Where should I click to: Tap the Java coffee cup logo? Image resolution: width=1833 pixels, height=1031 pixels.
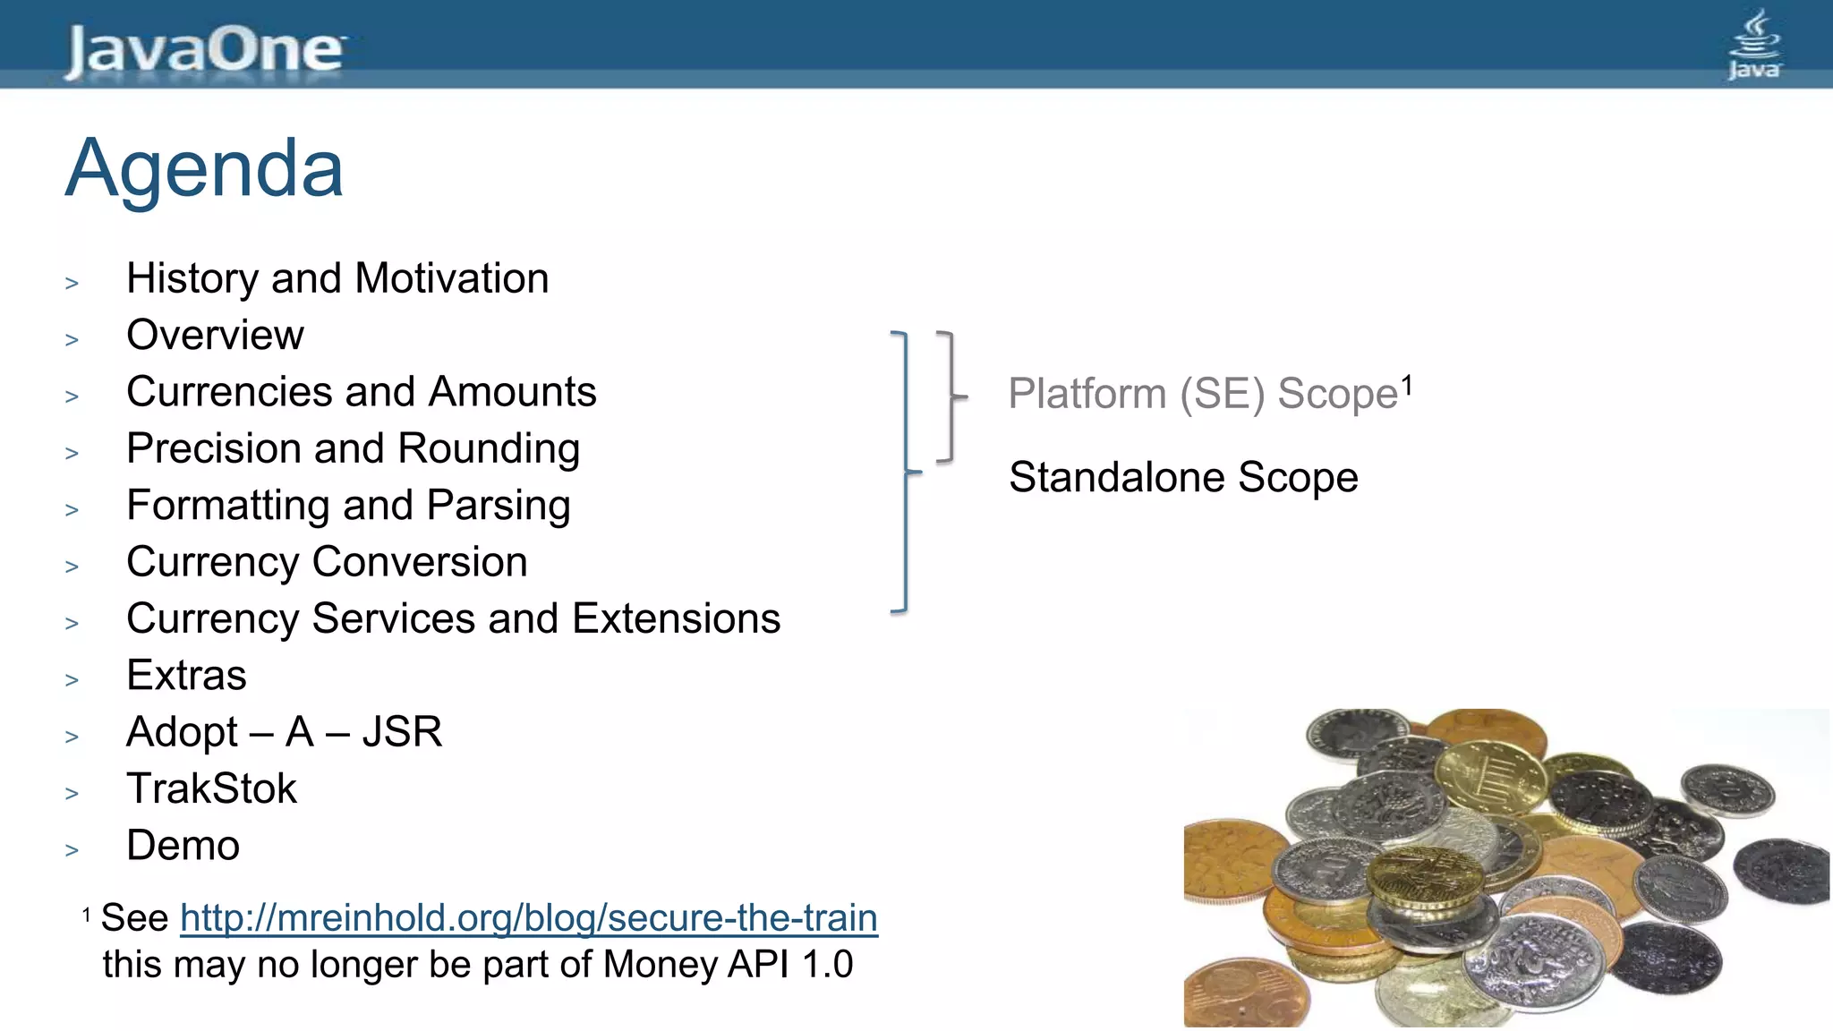point(1753,45)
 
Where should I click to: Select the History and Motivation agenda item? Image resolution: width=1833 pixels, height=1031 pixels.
point(337,278)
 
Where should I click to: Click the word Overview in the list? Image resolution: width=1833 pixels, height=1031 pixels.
point(215,336)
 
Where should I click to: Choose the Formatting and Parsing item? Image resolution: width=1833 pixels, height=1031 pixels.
point(348,506)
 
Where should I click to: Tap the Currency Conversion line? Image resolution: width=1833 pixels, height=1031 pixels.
point(327,562)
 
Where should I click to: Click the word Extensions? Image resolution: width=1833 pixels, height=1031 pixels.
point(676,618)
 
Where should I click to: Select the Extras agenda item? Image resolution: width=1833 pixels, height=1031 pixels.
point(186,676)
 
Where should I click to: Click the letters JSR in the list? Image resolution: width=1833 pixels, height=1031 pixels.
point(402,732)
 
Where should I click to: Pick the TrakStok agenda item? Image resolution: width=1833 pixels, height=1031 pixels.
point(211,788)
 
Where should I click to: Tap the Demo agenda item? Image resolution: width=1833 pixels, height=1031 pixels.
point(183,846)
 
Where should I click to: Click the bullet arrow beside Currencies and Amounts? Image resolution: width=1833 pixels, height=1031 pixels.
point(72,396)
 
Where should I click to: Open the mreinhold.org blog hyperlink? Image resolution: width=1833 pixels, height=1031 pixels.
point(528,918)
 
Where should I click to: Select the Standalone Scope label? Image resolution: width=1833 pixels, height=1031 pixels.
point(1183,477)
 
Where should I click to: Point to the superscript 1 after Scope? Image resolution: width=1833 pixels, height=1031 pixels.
point(1407,386)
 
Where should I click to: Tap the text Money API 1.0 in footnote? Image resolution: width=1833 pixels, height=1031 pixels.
point(728,965)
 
